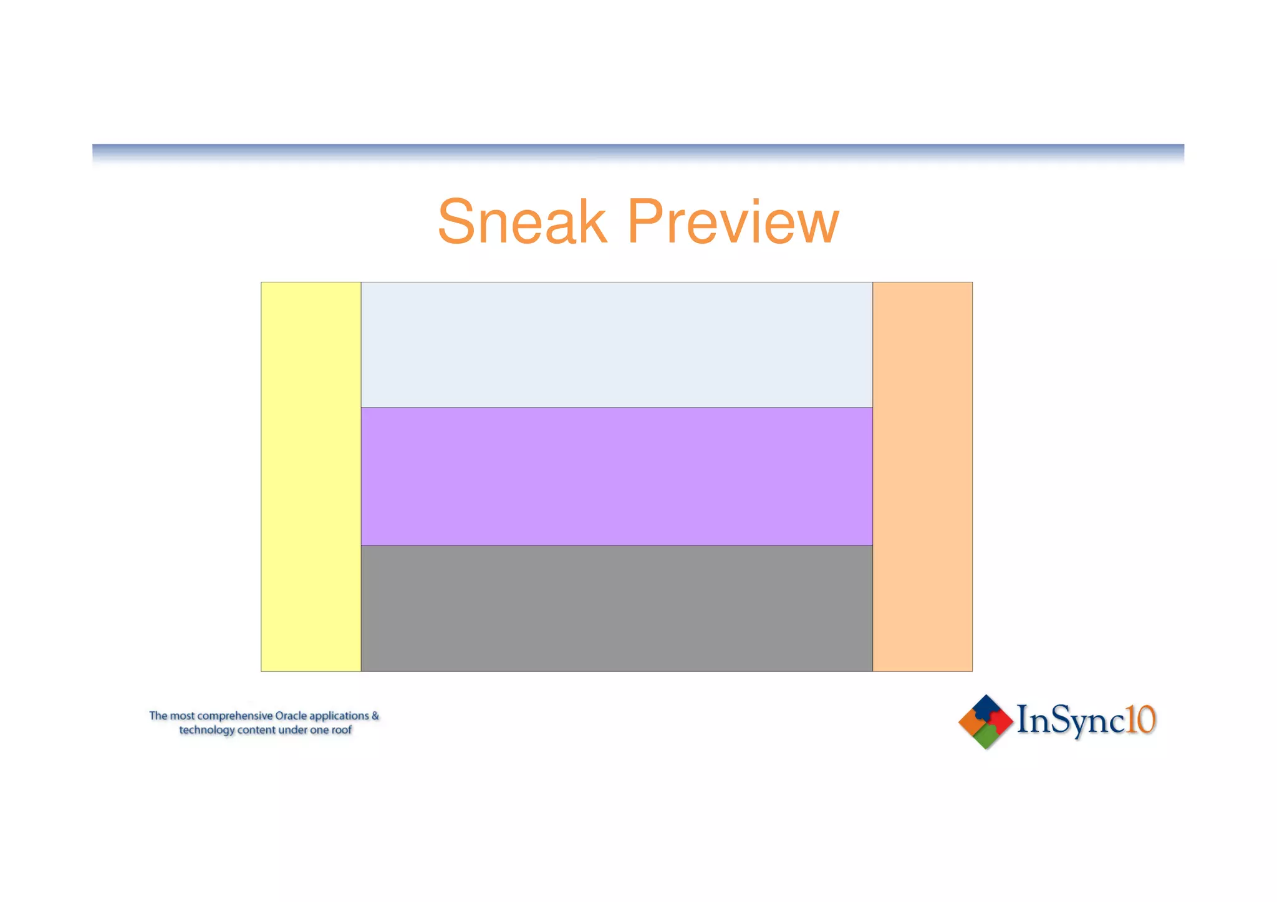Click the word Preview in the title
733,223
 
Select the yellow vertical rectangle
311,476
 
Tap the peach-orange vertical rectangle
922,476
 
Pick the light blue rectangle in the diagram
616,345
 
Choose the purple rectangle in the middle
616,476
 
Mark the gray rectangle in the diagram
616,608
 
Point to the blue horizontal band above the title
638,151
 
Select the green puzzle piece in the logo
986,737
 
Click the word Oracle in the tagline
291,716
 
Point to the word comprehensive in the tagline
235,716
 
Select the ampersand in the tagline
375,716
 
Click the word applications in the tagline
339,716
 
